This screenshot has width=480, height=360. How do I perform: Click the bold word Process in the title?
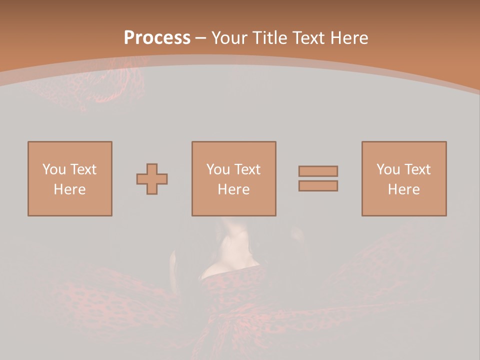[x=157, y=38]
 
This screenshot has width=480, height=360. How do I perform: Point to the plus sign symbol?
[x=152, y=179]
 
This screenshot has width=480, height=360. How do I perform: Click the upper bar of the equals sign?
[x=318, y=171]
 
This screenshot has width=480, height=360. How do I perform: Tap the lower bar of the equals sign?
[x=318, y=186]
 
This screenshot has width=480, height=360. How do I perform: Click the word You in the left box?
[x=54, y=169]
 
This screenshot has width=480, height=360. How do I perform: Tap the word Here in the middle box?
[x=234, y=189]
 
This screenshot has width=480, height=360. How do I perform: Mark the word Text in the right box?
[x=417, y=169]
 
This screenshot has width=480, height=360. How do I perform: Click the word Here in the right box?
[x=404, y=189]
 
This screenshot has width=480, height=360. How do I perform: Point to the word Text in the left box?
[x=83, y=169]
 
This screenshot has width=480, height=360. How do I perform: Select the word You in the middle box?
[x=218, y=169]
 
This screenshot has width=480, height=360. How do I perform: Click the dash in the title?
[x=201, y=38]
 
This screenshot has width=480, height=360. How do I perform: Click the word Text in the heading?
[x=306, y=38]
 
